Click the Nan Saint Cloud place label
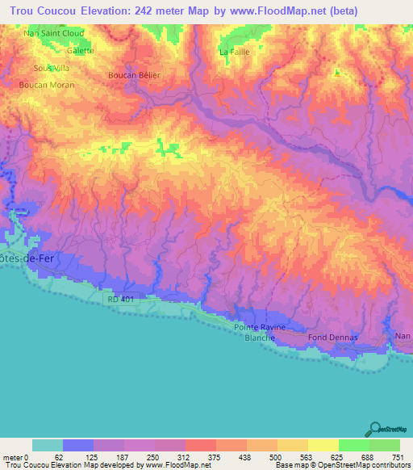pyautogui.click(x=54, y=34)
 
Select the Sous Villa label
pyautogui.click(x=52, y=68)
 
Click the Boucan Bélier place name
pyautogui.click(x=135, y=75)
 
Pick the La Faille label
pyautogui.click(x=235, y=52)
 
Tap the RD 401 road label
pyautogui.click(x=119, y=300)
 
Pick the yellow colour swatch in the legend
pyautogui.click(x=323, y=445)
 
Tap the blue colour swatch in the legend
pyautogui.click(x=78, y=445)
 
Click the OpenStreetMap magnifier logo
pyautogui.click(x=375, y=429)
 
